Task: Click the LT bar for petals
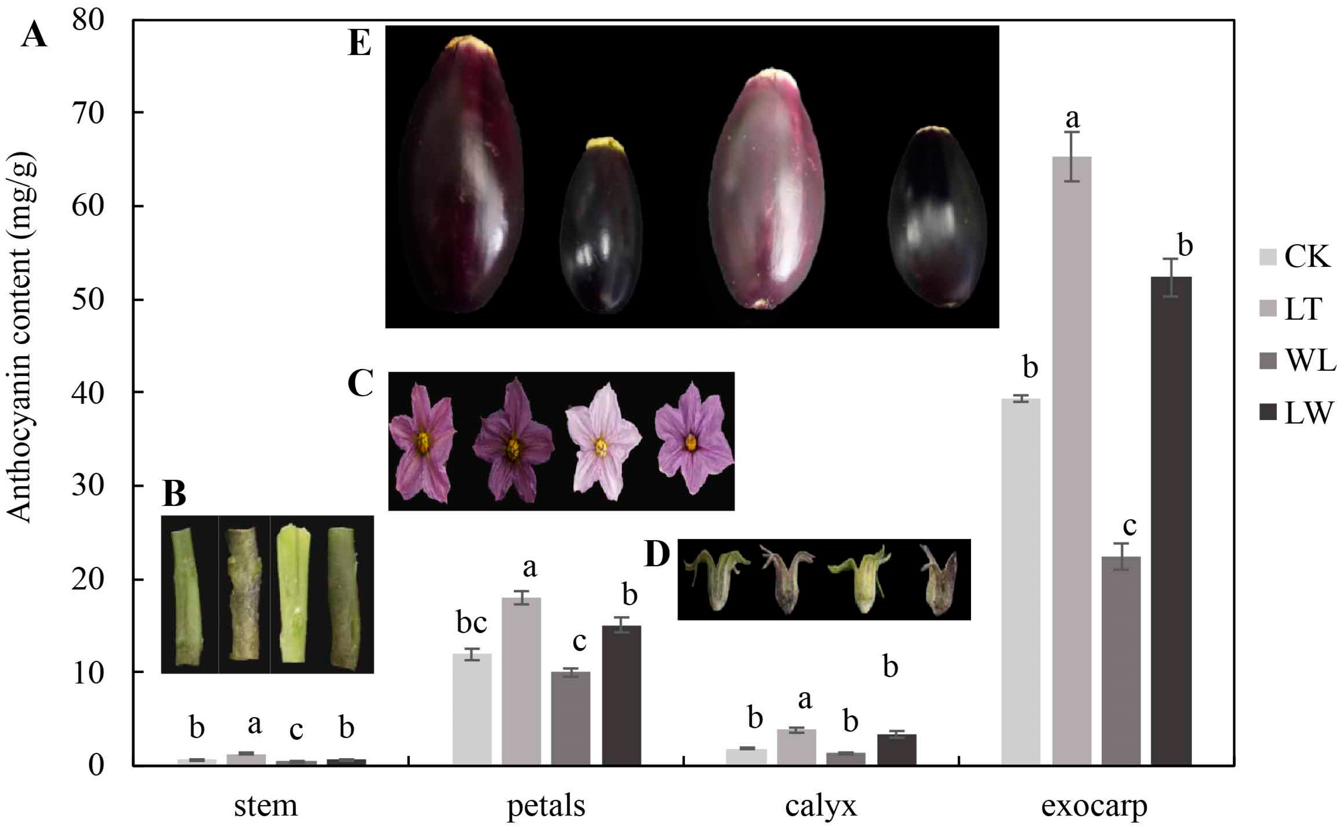click(x=521, y=681)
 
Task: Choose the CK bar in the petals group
click(x=472, y=709)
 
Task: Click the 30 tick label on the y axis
click(x=88, y=486)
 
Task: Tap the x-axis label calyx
click(x=821, y=806)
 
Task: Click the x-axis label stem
click(x=266, y=806)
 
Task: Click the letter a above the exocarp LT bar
click(x=1072, y=118)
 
